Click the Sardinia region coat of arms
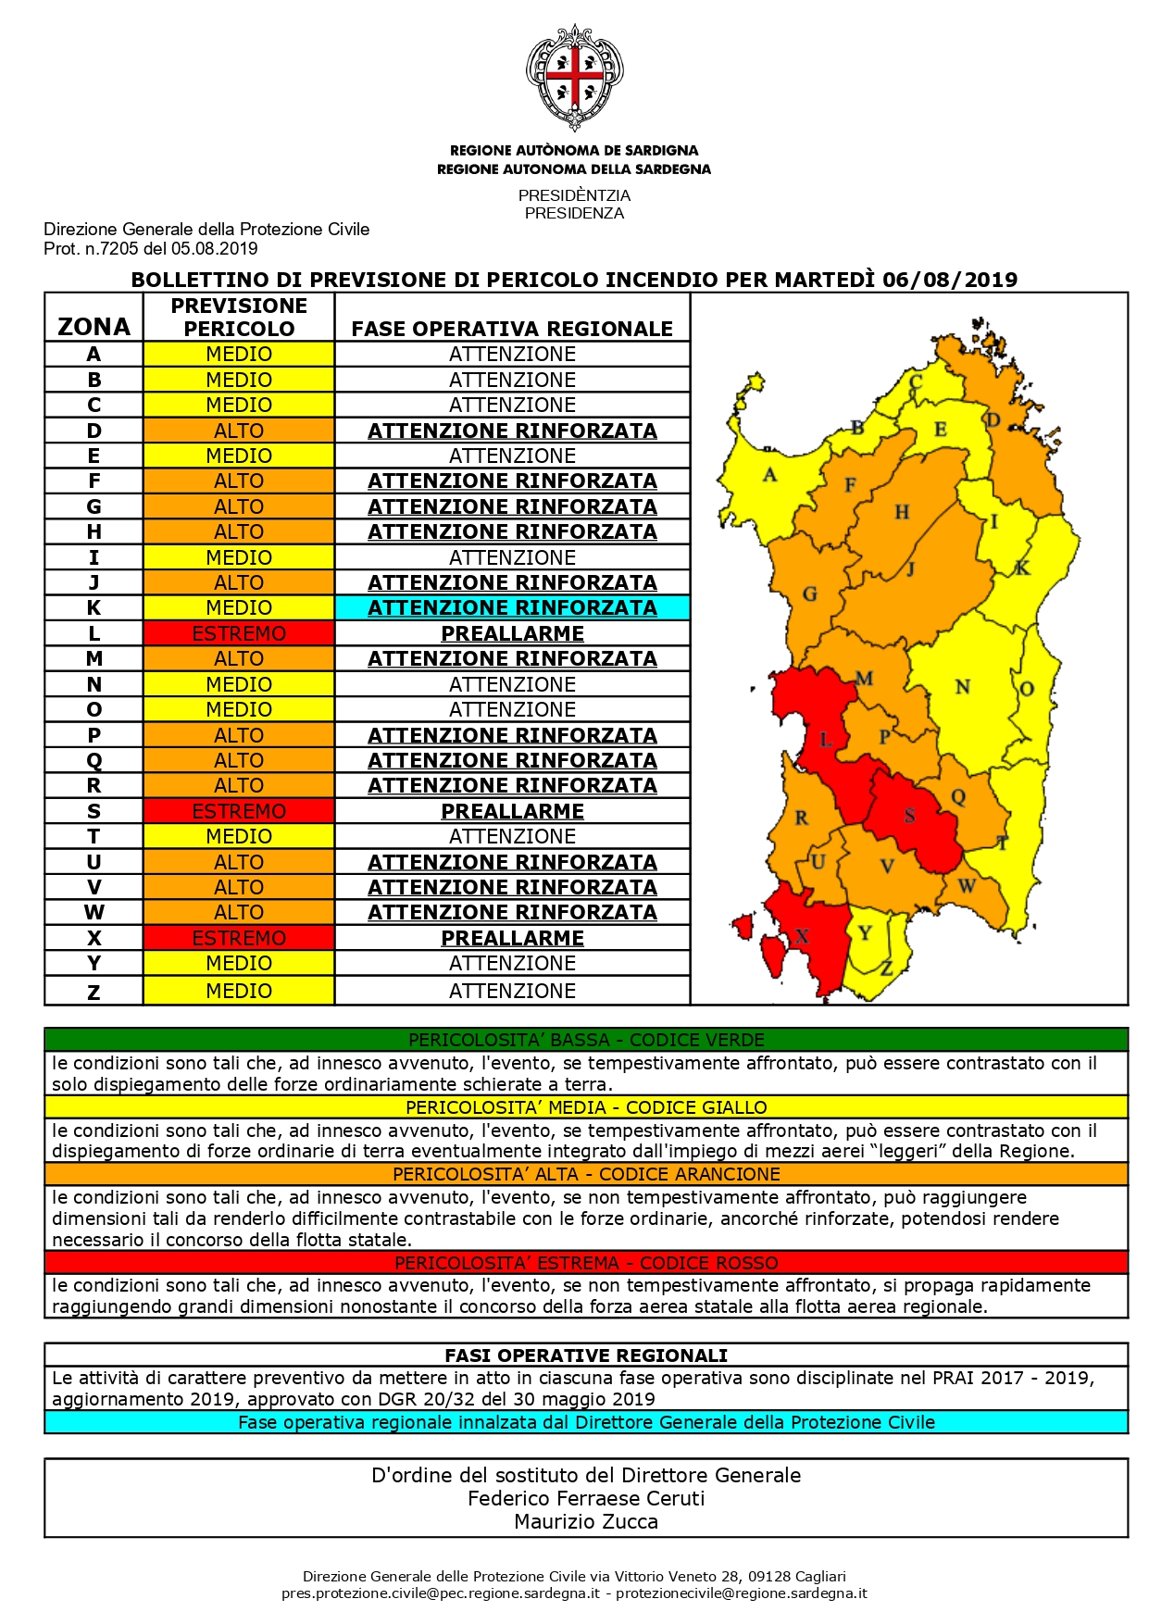pyautogui.click(x=574, y=77)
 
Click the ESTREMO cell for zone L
pyautogui.click(x=239, y=634)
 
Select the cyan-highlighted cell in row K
pyautogui.click(x=512, y=608)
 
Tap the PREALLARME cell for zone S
pyautogui.click(x=512, y=812)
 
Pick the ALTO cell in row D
pyautogui.click(x=239, y=431)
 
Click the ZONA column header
pyautogui.click(x=94, y=327)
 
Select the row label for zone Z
pyautogui.click(x=94, y=992)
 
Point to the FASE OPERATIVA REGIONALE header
pyautogui.click(x=512, y=329)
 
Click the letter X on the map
pyautogui.click(x=802, y=935)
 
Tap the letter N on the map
pyautogui.click(x=963, y=687)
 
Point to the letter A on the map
pyautogui.click(x=769, y=476)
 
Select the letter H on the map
pyautogui.click(x=902, y=512)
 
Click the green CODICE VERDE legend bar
pyautogui.click(x=586, y=1040)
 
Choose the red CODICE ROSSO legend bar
pyautogui.click(x=586, y=1263)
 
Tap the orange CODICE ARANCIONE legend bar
pyautogui.click(x=586, y=1174)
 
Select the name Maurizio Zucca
pyautogui.click(x=586, y=1521)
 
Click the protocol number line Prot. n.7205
pyautogui.click(x=151, y=249)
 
